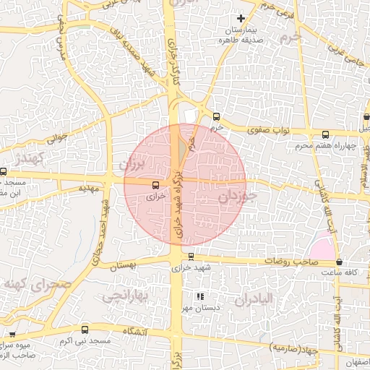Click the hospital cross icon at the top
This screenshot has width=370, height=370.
[x=241, y=17]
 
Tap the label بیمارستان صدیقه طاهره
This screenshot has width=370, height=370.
[x=241, y=36]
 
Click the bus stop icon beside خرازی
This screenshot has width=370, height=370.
[x=157, y=185]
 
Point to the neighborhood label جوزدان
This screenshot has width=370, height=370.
[x=236, y=197]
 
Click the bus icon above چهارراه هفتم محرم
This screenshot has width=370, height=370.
[x=325, y=134]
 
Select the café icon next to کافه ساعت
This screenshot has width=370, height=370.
[x=339, y=262]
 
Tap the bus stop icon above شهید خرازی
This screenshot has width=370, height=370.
[x=191, y=257]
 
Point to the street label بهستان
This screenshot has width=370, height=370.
[x=124, y=266]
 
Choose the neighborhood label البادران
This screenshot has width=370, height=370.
[x=251, y=298]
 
